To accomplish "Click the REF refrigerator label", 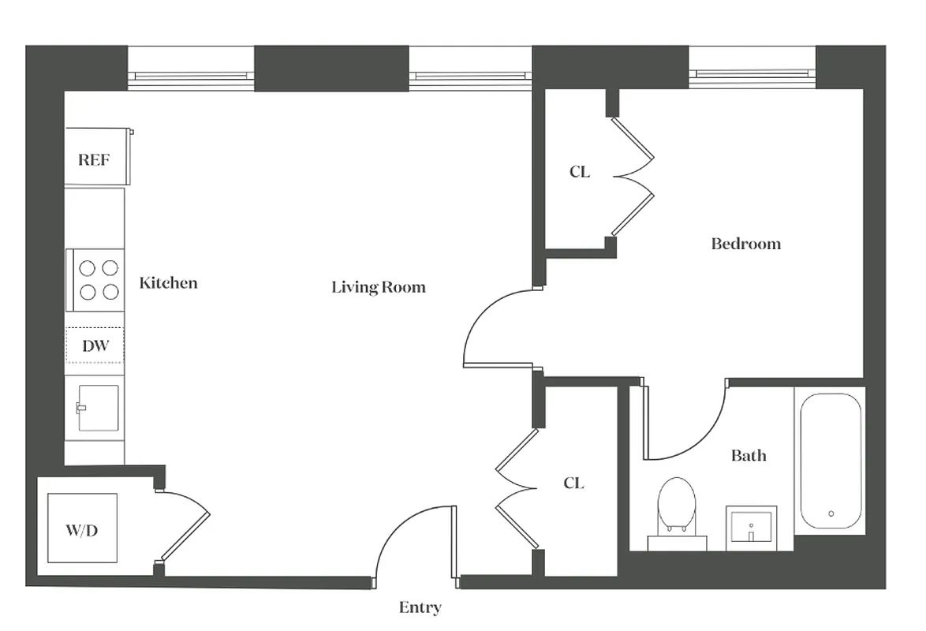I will (x=94, y=160).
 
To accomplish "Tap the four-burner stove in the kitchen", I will (x=99, y=280).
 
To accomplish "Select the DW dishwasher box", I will (x=95, y=345).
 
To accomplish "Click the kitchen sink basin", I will (x=98, y=408).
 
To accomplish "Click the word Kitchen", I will (x=168, y=282).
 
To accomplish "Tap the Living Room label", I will (x=378, y=287).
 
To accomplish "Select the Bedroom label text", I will (x=745, y=244).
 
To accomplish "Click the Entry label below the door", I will (x=420, y=607).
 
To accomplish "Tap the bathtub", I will (x=831, y=461).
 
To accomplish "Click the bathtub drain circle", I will (x=831, y=513).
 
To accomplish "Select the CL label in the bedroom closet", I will (x=580, y=171).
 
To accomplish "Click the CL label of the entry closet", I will (x=573, y=483).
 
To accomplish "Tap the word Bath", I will (x=748, y=455).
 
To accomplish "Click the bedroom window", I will (x=752, y=75).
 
